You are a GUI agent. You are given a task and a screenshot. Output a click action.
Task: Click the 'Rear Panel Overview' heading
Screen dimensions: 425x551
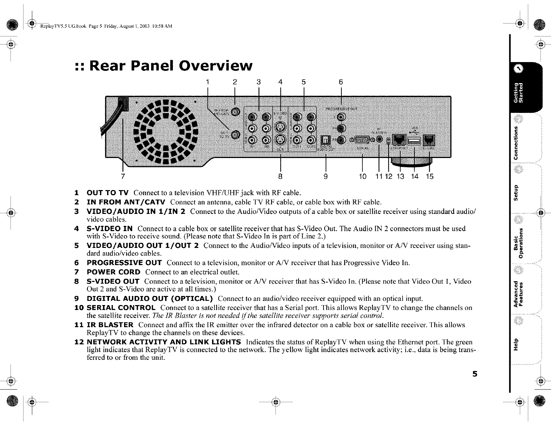[x=164, y=66]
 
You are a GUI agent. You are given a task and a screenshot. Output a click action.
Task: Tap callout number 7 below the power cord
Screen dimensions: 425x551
[x=123, y=176]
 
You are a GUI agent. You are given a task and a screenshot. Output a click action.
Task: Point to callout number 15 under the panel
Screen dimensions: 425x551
[x=429, y=176]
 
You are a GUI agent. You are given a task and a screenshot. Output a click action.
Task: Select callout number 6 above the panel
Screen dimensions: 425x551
[x=341, y=82]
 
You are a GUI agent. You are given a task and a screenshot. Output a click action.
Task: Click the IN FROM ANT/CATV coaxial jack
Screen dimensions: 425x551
[x=236, y=112]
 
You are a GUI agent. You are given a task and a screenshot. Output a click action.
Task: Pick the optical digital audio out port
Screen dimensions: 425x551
[x=325, y=141]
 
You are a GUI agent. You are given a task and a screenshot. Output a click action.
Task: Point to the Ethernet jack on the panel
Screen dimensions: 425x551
[x=399, y=140]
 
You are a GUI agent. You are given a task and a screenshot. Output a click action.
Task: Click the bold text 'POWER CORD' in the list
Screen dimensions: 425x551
[x=113, y=272]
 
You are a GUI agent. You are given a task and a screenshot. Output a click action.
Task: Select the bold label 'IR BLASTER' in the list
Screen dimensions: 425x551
[x=110, y=325]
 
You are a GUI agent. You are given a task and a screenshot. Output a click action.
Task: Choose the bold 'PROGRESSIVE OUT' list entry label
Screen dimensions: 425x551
[x=124, y=263]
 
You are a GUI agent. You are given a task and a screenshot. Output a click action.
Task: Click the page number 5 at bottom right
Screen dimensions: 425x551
[x=475, y=374]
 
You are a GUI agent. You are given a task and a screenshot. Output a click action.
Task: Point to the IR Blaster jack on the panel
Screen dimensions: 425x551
[x=379, y=140]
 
